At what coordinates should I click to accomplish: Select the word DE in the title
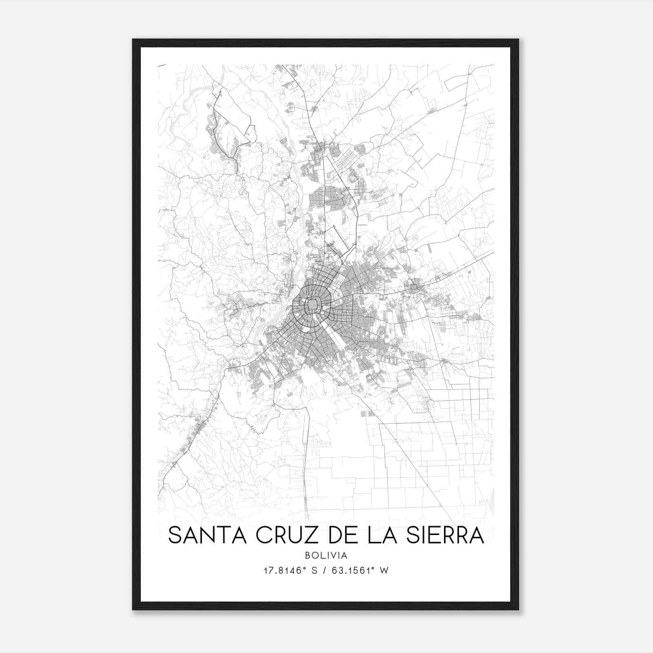tap(342, 535)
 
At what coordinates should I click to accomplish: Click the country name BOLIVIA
tap(326, 555)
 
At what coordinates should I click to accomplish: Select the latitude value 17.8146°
tap(284, 571)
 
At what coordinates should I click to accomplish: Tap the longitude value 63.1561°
tap(353, 571)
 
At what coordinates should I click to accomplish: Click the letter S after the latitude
tap(314, 571)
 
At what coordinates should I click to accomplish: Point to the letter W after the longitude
tap(384, 571)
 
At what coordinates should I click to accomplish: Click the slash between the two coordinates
tap(324, 571)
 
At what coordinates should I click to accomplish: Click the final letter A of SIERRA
tap(476, 535)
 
